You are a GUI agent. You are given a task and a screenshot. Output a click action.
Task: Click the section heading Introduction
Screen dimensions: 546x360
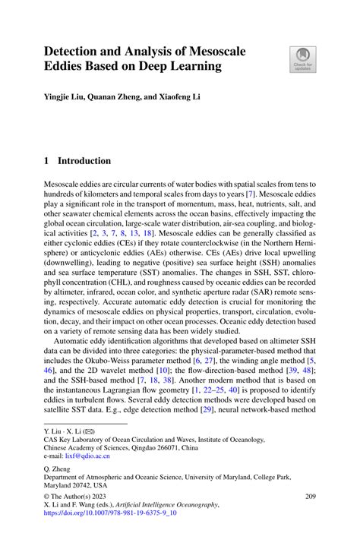click(84, 161)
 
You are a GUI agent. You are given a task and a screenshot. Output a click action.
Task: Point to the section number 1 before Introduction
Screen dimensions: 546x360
click(46, 161)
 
